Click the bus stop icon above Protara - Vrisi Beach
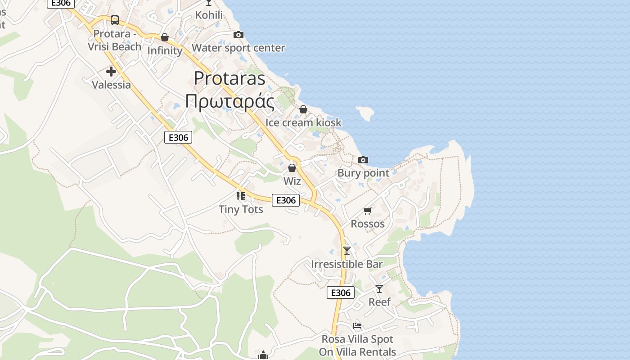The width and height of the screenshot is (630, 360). pyautogui.click(x=115, y=20)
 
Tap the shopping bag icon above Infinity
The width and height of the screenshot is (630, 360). pyautogui.click(x=165, y=37)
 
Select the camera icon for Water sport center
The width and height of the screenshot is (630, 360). pyautogui.click(x=238, y=35)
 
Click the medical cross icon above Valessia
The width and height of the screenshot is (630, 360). pyautogui.click(x=111, y=72)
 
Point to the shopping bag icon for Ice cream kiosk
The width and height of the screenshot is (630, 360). pyautogui.click(x=303, y=109)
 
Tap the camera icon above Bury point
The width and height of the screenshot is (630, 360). pyautogui.click(x=363, y=160)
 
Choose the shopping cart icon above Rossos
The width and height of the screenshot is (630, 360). pyautogui.click(x=368, y=211)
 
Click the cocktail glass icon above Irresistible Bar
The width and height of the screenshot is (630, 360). pyautogui.click(x=346, y=251)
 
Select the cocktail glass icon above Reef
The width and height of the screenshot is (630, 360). pyautogui.click(x=379, y=288)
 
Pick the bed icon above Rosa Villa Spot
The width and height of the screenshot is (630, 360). pyautogui.click(x=357, y=325)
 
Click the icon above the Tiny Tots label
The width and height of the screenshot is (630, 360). pyautogui.click(x=241, y=196)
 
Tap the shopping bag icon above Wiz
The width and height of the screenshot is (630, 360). pyautogui.click(x=292, y=168)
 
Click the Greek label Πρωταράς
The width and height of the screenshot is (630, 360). pyautogui.click(x=229, y=101)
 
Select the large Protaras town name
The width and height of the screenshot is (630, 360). pyautogui.click(x=229, y=78)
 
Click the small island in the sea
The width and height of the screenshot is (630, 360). pyautogui.click(x=365, y=112)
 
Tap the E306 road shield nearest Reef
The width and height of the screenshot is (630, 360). pyautogui.click(x=341, y=293)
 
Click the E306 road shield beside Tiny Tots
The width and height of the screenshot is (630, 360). pyautogui.click(x=286, y=200)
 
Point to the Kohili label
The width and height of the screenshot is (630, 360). pyautogui.click(x=209, y=15)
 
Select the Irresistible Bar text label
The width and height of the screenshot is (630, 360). pyautogui.click(x=346, y=264)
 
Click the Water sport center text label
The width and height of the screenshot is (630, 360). pyautogui.click(x=238, y=48)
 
